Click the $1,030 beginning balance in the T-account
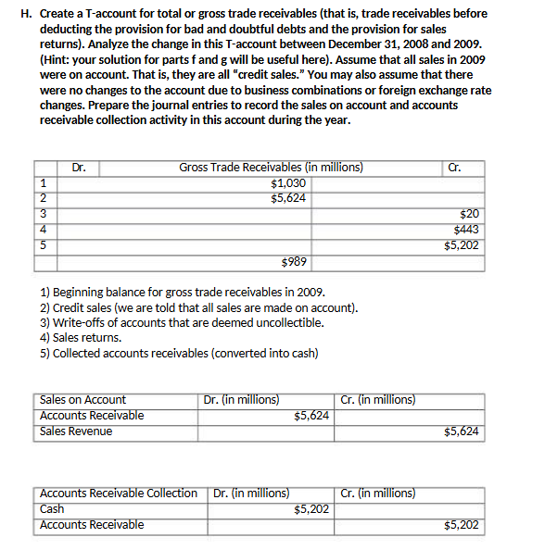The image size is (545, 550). (287, 183)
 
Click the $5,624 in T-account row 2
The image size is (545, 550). (287, 198)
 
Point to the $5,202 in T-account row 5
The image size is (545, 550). (462, 245)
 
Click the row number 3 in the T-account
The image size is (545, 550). (42, 214)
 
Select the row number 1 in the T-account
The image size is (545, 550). (42, 183)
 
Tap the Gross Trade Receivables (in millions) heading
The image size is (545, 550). (271, 168)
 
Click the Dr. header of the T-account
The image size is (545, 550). (79, 168)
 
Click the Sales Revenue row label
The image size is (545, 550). (76, 431)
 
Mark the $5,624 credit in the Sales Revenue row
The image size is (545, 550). (462, 431)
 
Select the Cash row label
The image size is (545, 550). (52, 509)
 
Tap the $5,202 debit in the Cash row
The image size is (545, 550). (311, 509)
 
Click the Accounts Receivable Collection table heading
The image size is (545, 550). (119, 494)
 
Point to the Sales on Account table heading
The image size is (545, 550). (83, 400)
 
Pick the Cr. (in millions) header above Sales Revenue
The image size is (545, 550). (378, 400)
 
